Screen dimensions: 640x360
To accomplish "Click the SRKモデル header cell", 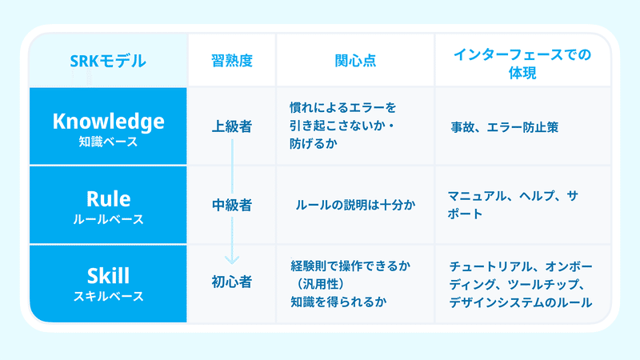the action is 108,62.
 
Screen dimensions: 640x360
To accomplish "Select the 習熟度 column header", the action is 232,61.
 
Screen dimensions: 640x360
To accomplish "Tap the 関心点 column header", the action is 355,61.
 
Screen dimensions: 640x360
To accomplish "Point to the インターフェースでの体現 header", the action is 522,64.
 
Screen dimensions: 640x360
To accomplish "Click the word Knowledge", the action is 108,122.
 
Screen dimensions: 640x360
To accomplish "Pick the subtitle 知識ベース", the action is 108,142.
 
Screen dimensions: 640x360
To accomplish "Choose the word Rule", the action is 108,199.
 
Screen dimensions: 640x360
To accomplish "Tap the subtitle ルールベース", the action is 108,219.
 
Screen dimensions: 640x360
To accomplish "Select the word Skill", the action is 108,276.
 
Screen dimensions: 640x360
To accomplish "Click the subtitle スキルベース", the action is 108,296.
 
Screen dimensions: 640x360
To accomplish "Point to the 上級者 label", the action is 232,126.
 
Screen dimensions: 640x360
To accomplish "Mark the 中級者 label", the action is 232,205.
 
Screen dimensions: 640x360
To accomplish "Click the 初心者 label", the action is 232,282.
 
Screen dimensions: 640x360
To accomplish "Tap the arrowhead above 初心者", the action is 232,260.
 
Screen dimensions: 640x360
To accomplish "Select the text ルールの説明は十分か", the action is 355,205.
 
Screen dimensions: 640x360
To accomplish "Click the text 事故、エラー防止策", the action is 505,127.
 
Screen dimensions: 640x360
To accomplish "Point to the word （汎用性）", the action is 320,284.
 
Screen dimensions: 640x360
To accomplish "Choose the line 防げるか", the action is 314,144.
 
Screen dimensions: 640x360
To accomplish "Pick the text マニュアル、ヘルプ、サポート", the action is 513,205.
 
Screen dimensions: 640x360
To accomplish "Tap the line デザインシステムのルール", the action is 521,302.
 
